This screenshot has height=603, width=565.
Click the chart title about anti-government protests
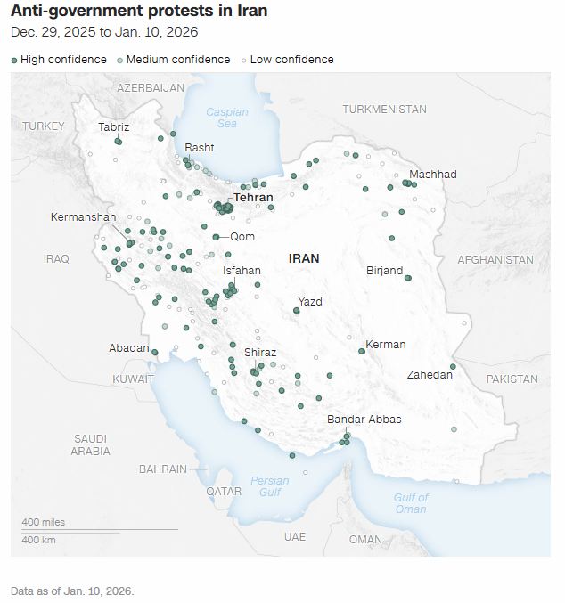click(x=138, y=12)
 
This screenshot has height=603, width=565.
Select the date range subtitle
click(x=104, y=32)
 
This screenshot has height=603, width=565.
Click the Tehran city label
click(x=253, y=198)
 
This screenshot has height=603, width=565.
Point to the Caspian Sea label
click(x=227, y=118)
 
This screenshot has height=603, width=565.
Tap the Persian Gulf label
click(x=270, y=486)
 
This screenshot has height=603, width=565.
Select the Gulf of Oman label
click(x=411, y=503)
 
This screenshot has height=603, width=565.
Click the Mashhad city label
click(x=432, y=175)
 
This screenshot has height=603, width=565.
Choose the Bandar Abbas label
click(x=364, y=420)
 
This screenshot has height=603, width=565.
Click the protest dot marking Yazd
click(x=297, y=311)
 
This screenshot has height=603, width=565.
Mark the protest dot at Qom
click(x=217, y=237)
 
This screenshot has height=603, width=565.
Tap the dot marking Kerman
click(x=362, y=351)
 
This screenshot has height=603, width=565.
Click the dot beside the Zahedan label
click(x=453, y=367)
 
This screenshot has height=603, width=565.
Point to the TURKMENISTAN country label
click(x=384, y=109)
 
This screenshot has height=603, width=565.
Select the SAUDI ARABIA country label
click(x=91, y=444)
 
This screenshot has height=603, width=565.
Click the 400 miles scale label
click(x=43, y=522)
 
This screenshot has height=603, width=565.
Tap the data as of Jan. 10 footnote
click(x=71, y=591)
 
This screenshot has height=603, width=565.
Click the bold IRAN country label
click(x=303, y=258)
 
